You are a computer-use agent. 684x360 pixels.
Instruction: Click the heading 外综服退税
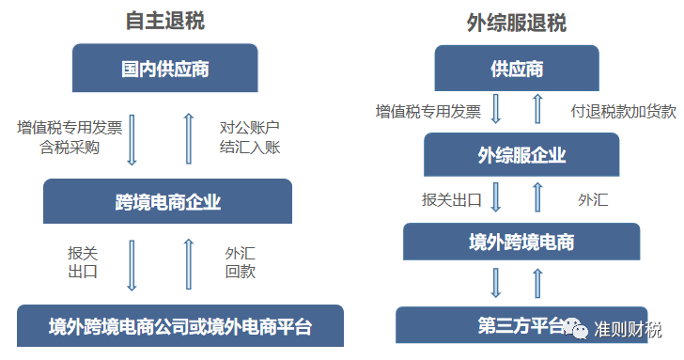516,23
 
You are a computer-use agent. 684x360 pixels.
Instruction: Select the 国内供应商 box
165,69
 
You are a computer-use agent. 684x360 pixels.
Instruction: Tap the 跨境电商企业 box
167,200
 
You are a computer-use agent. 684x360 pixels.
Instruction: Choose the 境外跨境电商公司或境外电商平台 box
180,327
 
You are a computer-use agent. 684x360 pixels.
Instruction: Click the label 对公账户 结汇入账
250,136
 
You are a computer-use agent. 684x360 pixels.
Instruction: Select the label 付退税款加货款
623,111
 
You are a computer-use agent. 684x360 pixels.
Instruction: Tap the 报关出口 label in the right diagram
451,199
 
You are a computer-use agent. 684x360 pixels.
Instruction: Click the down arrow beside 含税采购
132,137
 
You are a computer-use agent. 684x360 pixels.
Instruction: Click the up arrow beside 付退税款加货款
537,110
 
